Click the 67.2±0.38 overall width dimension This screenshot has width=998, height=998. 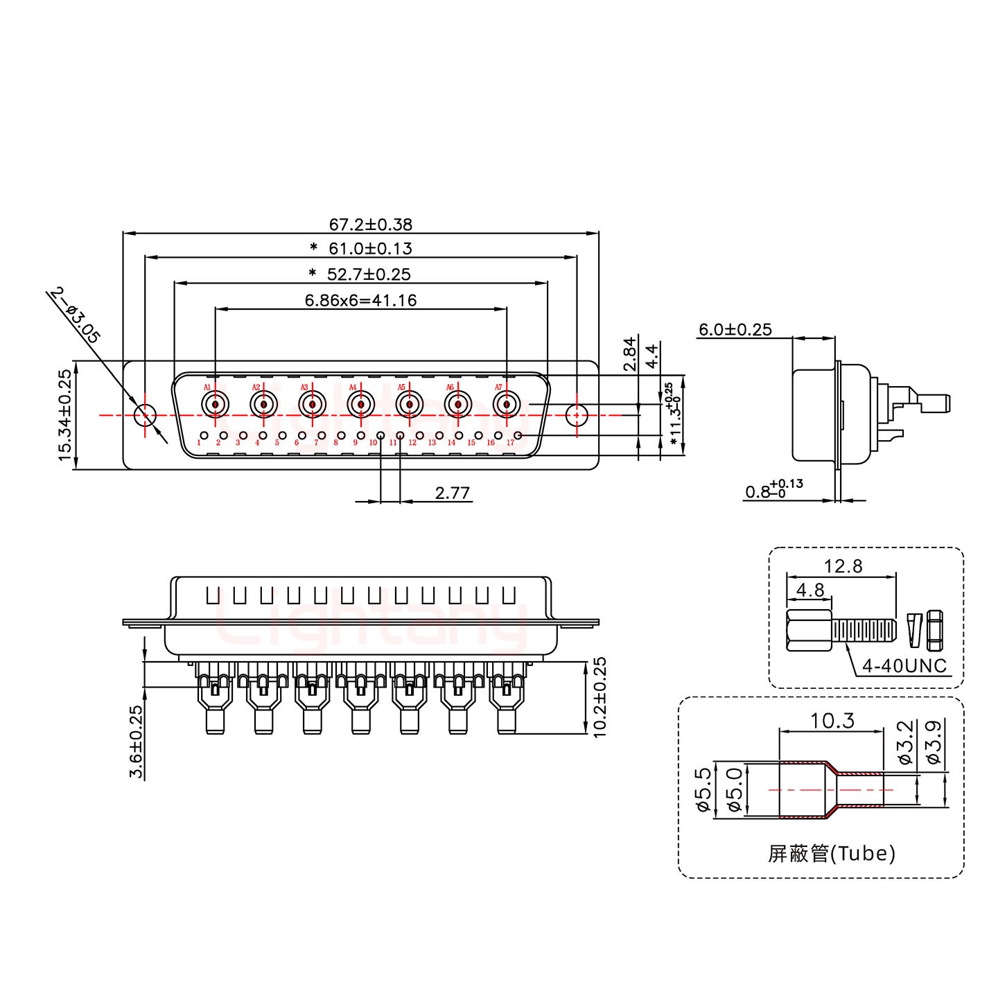tap(370, 225)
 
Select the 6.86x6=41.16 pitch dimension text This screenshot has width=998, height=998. tap(360, 301)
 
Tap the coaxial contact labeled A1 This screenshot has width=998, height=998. tap(216, 403)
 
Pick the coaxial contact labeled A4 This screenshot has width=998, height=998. tap(361, 403)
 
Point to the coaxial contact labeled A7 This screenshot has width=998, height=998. tap(507, 403)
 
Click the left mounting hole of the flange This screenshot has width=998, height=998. tap(145, 415)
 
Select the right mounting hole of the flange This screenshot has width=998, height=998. tap(575, 415)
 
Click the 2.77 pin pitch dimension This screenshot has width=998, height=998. tap(452, 493)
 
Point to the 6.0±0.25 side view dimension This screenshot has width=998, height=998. tap(735, 330)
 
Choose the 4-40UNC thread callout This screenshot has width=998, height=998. tap(904, 666)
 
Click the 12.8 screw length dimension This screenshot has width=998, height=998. tap(843, 566)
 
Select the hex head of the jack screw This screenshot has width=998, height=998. tap(809, 631)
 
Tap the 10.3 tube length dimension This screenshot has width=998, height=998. tap(832, 721)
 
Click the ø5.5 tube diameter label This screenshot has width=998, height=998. tap(703, 790)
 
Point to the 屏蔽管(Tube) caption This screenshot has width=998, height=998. tap(831, 853)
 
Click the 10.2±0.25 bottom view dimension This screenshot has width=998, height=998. tap(599, 697)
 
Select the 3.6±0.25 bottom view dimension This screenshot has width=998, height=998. tap(136, 742)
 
